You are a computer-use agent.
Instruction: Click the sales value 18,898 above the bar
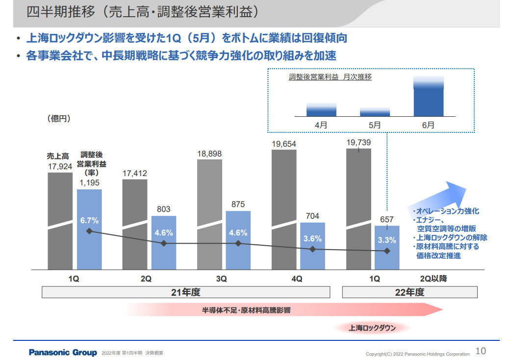(209, 154)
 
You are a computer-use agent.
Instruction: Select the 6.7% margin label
(89, 221)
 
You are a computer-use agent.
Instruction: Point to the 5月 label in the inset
(375, 125)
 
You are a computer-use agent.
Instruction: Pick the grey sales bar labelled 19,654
(284, 209)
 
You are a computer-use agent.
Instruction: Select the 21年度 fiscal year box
(185, 292)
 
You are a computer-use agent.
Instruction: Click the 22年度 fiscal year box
(410, 292)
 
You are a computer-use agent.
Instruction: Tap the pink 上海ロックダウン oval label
(372, 328)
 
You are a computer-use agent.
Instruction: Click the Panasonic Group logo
(63, 352)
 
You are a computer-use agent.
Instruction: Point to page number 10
(481, 351)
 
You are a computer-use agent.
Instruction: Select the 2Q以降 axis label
(434, 279)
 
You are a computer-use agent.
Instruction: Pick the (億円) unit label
(59, 118)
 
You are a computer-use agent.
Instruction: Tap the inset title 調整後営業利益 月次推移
(330, 77)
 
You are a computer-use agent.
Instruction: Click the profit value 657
(386, 219)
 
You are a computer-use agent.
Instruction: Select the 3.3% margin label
(387, 240)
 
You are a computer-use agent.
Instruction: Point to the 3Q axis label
(221, 279)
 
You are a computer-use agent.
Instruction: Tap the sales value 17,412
(135, 174)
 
